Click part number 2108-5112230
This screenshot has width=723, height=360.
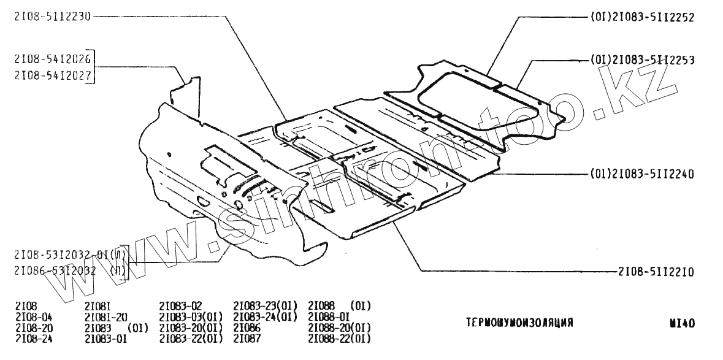tap(52, 17)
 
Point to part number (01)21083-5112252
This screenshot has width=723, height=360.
tap(642, 18)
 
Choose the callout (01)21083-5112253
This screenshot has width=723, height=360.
tap(642, 60)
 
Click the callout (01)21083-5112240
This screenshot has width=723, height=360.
tap(642, 174)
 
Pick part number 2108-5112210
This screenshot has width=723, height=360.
tap(656, 270)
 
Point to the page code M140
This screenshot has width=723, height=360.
tap(683, 323)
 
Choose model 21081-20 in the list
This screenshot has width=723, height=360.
tap(106, 316)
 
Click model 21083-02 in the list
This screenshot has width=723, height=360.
tap(180, 306)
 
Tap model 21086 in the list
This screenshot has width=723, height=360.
tap(248, 327)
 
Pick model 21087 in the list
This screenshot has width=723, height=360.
tap(248, 338)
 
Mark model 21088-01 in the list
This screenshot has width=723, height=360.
tap(329, 316)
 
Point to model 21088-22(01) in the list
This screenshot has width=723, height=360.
tap(339, 338)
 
